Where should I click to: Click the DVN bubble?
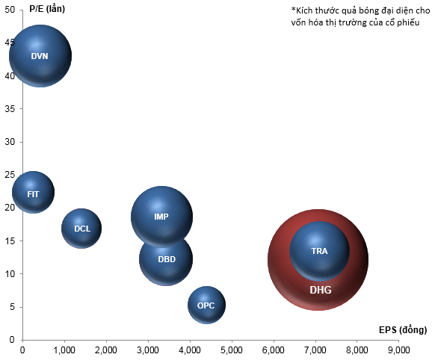tap(40, 56)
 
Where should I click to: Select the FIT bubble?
tap(34, 193)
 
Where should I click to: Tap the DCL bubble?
tap(81, 229)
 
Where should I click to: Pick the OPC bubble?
tap(207, 305)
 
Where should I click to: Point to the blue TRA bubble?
tap(319, 251)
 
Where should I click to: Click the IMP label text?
tap(161, 217)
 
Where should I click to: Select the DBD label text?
tap(167, 259)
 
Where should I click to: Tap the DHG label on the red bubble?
tap(321, 290)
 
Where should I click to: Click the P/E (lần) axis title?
tap(47, 9)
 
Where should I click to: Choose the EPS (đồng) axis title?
tap(403, 329)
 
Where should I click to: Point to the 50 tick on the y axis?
tap(10, 10)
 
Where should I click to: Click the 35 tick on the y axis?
tap(10, 108)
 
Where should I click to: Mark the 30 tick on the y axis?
tap(10, 142)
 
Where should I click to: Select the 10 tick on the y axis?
tap(10, 274)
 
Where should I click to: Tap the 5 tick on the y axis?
tap(12, 307)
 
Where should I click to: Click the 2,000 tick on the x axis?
tap(106, 350)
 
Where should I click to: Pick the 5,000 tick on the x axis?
tap(232, 350)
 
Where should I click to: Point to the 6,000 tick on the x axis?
tap(274, 350)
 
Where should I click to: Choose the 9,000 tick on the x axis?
tap(399, 350)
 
